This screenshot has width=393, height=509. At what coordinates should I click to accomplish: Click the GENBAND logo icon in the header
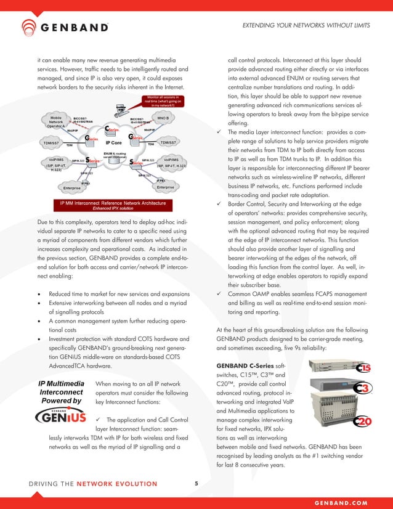(30, 27)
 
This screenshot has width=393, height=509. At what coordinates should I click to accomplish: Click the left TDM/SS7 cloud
(47, 143)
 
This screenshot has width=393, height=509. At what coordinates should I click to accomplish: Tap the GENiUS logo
(61, 418)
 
